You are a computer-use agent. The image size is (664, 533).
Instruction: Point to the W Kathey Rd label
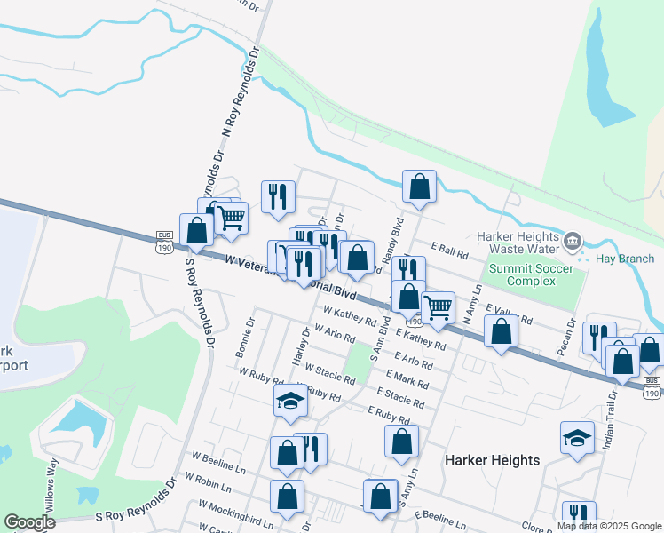click(x=350, y=317)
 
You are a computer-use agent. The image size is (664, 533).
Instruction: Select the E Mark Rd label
click(x=408, y=380)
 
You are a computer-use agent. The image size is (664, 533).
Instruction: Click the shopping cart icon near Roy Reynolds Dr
click(x=232, y=216)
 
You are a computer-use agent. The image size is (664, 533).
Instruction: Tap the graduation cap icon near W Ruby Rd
click(x=289, y=401)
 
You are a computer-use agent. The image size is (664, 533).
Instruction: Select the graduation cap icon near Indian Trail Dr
click(x=577, y=437)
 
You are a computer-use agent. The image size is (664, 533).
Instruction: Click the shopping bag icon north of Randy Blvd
click(x=419, y=186)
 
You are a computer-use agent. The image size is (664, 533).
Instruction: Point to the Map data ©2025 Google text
click(x=609, y=526)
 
